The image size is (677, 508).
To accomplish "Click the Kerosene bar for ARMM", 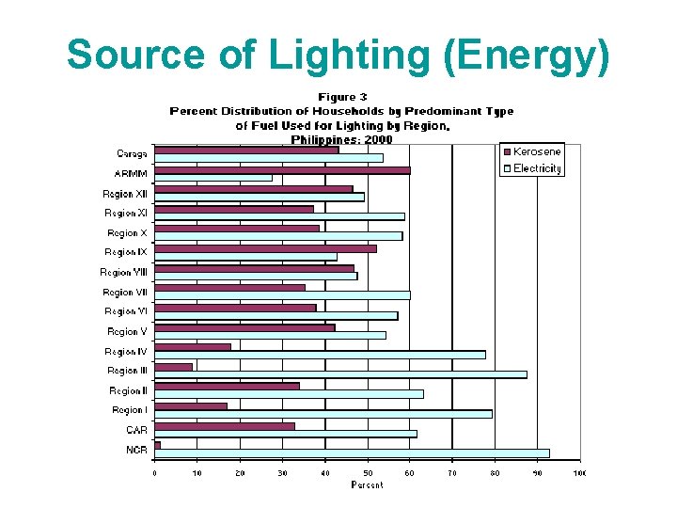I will click(282, 170).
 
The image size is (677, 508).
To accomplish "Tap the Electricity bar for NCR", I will click(352, 453).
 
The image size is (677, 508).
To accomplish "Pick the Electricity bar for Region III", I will click(340, 374).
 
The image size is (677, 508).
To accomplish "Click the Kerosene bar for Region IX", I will click(265, 248).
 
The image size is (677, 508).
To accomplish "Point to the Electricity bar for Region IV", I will click(320, 355).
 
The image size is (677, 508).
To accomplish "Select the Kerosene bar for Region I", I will click(191, 406).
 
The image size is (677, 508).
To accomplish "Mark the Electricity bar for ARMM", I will click(213, 178).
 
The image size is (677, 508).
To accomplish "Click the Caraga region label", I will click(132, 153).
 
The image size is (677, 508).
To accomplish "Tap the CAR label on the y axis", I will click(136, 430).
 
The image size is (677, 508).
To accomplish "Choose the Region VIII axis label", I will click(124, 272).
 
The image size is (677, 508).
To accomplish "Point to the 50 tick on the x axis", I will click(368, 473).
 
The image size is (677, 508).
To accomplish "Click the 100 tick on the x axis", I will click(579, 473).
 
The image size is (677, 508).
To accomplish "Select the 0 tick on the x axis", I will click(155, 473).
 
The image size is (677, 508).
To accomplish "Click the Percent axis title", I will click(367, 485).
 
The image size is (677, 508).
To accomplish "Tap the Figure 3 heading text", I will click(342, 97).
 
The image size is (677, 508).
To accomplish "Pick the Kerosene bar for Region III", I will click(174, 367).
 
